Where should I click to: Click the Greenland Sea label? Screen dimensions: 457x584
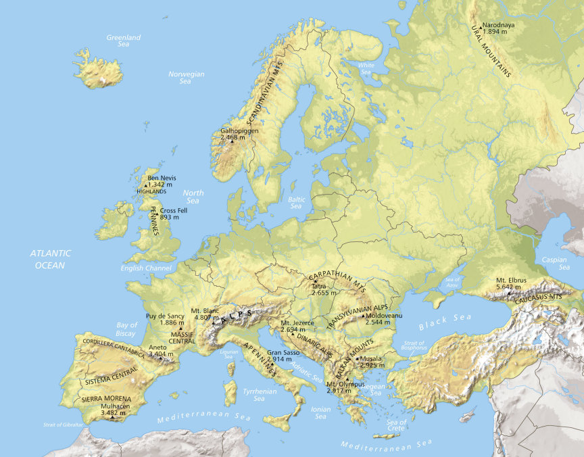[124, 41]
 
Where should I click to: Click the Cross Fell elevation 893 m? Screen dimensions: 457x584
[169, 218]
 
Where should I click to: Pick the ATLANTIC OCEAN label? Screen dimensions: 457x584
[50, 259]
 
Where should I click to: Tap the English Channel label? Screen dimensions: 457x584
[147, 268]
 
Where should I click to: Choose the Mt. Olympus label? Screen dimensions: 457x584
[345, 384]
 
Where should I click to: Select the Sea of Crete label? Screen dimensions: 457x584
[396, 426]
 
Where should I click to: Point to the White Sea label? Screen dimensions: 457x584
[366, 68]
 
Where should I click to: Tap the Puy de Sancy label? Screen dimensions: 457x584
[166, 316]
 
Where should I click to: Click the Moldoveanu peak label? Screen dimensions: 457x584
[383, 315]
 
